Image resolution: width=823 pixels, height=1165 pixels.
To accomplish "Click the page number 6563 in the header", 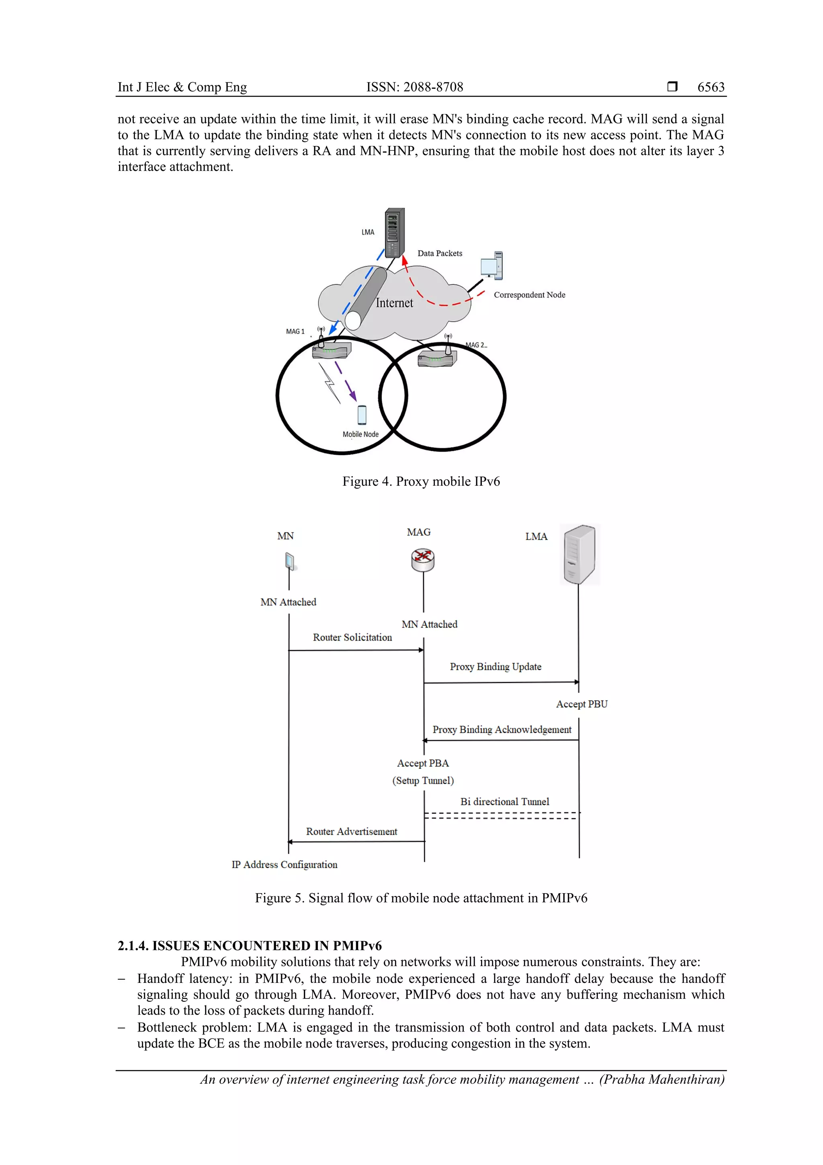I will (710, 87).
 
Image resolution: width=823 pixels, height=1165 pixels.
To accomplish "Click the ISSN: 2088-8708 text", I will (414, 87).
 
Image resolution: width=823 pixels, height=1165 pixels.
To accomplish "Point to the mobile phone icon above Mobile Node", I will (362, 415).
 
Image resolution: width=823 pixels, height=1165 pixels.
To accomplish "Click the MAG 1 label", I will (295, 331).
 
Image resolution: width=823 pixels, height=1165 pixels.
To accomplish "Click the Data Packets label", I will (440, 253).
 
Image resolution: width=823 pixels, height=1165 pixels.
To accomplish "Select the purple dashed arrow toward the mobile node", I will (346, 380).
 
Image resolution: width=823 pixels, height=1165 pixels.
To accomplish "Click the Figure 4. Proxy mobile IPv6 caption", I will (421, 481).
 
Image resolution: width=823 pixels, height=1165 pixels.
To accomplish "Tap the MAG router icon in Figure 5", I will (422, 560).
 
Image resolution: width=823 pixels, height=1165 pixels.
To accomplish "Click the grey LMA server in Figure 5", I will (579, 555).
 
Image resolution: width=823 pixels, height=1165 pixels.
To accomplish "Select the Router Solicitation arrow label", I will (352, 637).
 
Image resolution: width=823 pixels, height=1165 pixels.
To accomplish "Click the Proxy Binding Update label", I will (495, 667).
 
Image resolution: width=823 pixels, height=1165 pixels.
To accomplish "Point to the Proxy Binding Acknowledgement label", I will (502, 729).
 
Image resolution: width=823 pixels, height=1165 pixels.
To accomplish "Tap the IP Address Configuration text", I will (284, 865).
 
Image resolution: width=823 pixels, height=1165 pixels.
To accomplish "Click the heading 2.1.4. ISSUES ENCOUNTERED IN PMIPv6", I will (250, 946).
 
